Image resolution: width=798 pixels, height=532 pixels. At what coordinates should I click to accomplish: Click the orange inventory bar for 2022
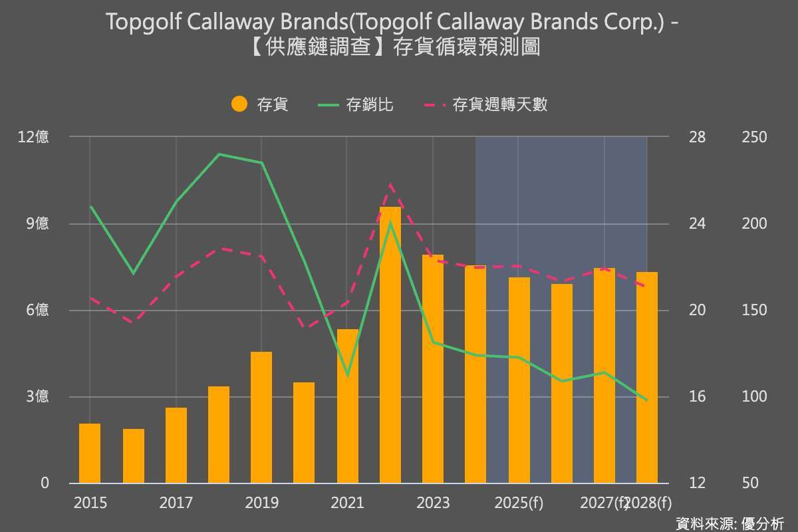coord(390,345)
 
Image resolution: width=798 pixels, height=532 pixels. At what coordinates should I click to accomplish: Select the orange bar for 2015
coord(90,454)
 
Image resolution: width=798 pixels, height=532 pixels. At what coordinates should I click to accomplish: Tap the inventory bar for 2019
coord(261,418)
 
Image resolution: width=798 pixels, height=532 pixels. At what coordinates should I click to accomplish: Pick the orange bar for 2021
coord(348,406)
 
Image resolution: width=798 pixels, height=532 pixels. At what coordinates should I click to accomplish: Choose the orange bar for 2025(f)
coord(519,380)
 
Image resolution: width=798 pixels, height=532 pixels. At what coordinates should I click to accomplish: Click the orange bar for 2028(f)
coord(646,378)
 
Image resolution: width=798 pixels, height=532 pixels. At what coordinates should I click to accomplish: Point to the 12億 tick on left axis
coord(33,137)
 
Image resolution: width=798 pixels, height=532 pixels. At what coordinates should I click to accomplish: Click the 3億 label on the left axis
coord(37,397)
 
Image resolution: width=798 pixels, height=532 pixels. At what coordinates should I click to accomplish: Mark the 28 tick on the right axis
coord(697,137)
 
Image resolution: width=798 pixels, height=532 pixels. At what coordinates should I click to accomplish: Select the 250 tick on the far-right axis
coord(753,137)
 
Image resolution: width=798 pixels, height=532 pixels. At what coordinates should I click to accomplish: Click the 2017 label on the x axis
coord(176,503)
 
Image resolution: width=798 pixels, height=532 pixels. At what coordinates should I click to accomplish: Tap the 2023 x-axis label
coord(433,503)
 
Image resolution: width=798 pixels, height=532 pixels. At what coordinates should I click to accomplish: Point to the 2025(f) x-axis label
coord(519,503)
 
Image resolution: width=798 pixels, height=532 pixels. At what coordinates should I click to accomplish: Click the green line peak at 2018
coord(219,154)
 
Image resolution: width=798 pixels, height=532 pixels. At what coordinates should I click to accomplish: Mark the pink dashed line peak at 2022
coord(391,184)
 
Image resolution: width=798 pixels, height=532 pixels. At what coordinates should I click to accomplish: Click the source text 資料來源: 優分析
coord(730,523)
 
